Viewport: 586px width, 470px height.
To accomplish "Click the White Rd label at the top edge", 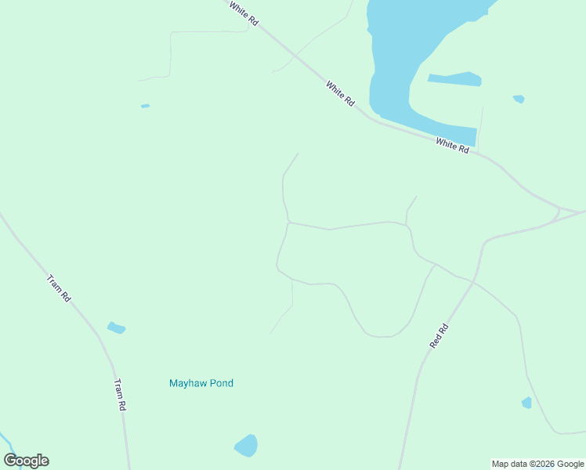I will tap(244, 14).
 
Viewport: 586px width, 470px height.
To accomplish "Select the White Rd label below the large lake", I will tap(452, 145).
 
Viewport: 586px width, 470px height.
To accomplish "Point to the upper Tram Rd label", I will tap(59, 288).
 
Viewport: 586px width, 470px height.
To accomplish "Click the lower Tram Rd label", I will tap(120, 395).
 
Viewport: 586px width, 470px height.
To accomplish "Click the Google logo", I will tap(26, 461).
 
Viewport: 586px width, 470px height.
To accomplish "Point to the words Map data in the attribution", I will tap(510, 464).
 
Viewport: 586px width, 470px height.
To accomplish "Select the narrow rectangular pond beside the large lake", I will tap(455, 79).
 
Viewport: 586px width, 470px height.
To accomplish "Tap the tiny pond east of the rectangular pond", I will tap(519, 99).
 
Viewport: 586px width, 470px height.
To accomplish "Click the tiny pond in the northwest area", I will tap(145, 106).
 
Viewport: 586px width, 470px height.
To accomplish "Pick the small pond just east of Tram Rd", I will tap(116, 327).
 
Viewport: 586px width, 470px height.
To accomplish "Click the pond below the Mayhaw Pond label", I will tap(246, 446).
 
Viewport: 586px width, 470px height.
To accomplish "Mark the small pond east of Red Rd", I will tap(526, 403).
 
